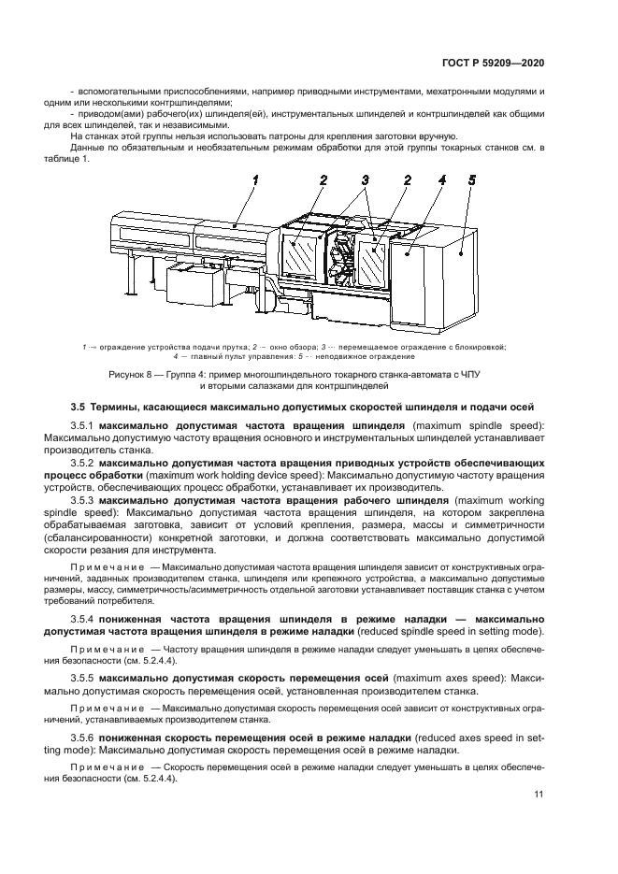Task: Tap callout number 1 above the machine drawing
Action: pos(253,179)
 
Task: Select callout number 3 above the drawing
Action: pos(366,179)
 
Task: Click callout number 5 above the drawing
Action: pos(472,179)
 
